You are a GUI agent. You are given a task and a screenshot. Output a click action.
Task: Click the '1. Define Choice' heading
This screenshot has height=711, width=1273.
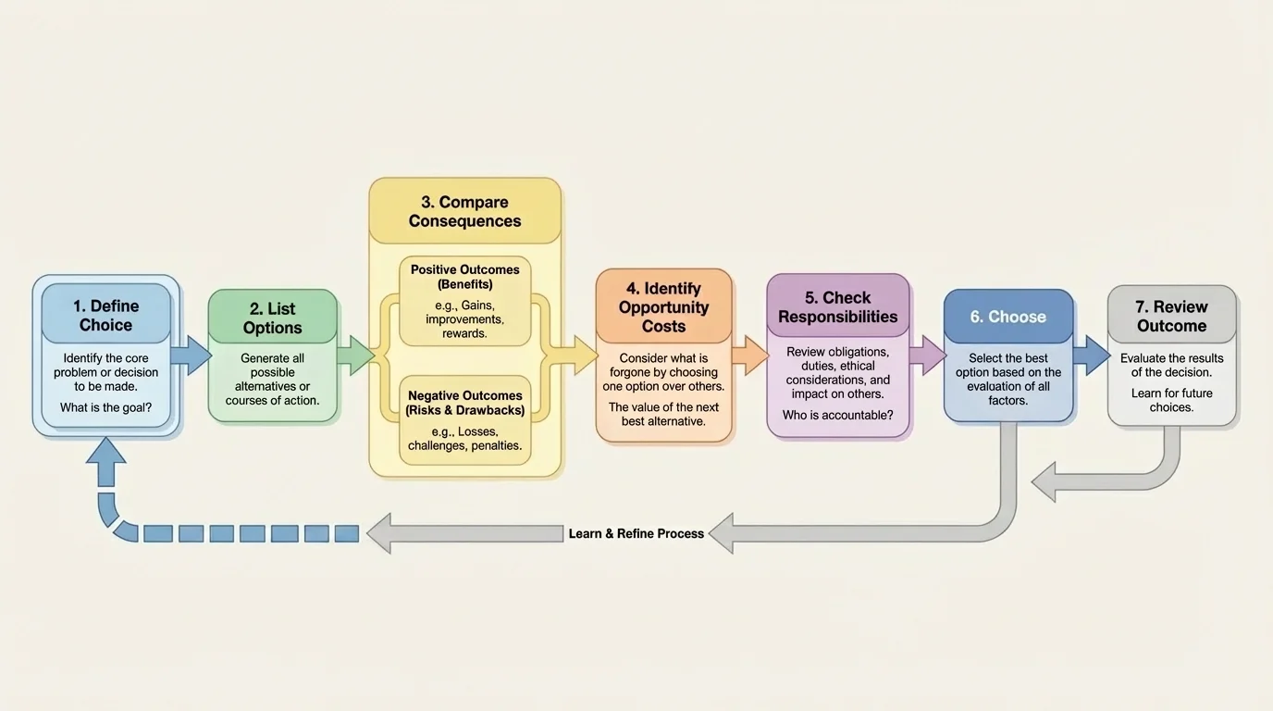click(105, 316)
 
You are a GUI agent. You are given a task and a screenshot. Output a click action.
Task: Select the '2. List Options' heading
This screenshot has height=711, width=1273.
click(272, 318)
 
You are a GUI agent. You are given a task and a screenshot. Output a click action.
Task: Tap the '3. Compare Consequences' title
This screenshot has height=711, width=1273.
click(464, 211)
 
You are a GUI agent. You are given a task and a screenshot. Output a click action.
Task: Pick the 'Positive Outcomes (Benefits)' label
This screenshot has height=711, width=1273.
click(464, 277)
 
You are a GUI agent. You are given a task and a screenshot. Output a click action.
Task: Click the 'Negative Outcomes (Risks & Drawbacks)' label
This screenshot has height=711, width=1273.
click(464, 403)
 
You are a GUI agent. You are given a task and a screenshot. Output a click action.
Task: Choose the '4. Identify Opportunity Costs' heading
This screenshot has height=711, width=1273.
click(663, 307)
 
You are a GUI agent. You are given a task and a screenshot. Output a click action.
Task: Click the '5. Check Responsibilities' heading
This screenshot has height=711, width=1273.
click(837, 307)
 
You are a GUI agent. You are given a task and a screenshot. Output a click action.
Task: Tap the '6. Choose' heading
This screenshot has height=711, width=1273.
click(1007, 317)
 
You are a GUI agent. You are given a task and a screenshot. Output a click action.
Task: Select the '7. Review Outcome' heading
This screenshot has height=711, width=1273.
click(1171, 317)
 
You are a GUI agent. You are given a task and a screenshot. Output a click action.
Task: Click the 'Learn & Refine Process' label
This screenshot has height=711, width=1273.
click(636, 534)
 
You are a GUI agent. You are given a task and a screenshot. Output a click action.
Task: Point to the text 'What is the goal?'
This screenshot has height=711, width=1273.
click(105, 407)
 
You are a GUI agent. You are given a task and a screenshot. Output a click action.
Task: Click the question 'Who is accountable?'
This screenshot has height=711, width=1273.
click(837, 416)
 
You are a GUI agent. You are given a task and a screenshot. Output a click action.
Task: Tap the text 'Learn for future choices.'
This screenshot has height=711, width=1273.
click(1171, 400)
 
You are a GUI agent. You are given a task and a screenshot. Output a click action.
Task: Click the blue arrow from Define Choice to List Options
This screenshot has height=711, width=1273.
click(192, 356)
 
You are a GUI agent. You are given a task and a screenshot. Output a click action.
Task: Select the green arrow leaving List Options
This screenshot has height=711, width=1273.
click(355, 356)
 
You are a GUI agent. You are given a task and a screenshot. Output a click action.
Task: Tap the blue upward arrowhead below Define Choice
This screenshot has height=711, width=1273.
click(105, 460)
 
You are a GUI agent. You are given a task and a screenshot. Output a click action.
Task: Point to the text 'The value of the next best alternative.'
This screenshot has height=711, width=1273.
click(663, 414)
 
